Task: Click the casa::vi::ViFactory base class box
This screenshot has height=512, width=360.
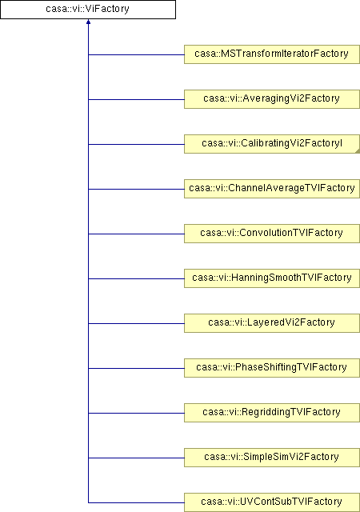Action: click(x=88, y=10)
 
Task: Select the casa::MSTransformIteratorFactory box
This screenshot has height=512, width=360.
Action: click(x=272, y=54)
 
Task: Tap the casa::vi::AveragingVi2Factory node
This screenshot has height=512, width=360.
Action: click(x=272, y=99)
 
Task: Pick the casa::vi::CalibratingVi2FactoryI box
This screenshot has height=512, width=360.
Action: click(x=272, y=144)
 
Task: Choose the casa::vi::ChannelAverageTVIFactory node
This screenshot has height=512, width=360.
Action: click(x=272, y=189)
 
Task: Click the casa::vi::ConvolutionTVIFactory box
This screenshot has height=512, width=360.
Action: click(x=272, y=233)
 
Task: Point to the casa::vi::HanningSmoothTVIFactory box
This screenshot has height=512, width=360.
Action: click(x=272, y=278)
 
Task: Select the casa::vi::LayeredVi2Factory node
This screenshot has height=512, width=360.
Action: click(x=272, y=323)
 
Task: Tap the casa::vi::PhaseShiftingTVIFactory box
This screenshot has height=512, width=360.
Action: click(x=272, y=368)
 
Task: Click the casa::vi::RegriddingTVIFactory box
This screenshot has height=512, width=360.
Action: click(x=272, y=413)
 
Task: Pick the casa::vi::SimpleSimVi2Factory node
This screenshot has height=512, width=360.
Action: click(x=272, y=457)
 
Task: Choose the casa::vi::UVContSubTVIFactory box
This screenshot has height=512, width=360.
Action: click(x=272, y=502)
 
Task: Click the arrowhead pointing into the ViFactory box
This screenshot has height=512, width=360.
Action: click(x=88, y=22)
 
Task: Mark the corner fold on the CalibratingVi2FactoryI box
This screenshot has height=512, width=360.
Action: click(x=357, y=151)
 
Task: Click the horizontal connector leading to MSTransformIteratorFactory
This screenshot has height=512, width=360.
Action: click(x=136, y=54)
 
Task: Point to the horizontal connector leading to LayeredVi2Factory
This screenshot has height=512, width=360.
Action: click(x=136, y=323)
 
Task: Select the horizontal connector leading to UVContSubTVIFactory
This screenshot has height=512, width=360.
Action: click(x=136, y=502)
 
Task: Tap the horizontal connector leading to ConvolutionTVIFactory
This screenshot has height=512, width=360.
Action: click(x=136, y=234)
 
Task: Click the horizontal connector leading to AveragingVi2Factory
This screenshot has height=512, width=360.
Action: click(x=136, y=99)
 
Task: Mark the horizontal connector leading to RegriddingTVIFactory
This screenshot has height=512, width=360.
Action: click(x=136, y=413)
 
